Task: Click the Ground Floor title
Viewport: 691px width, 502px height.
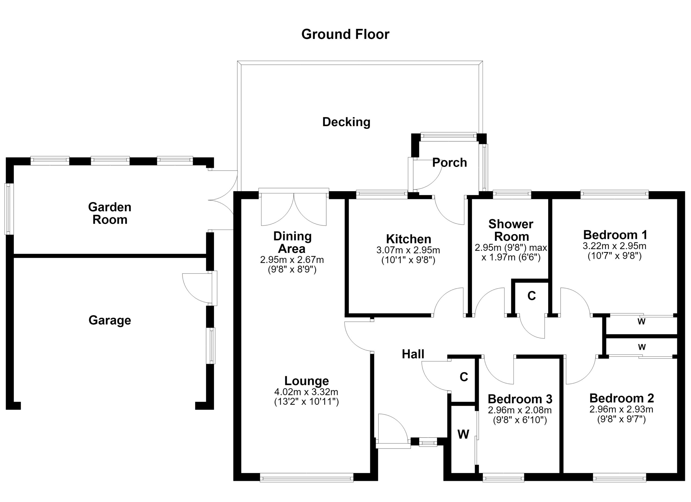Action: pyautogui.click(x=345, y=35)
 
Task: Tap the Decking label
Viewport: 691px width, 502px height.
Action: pyautogui.click(x=346, y=122)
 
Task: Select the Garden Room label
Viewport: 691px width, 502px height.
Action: pyautogui.click(x=110, y=213)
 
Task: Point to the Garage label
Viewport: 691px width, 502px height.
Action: pyautogui.click(x=110, y=320)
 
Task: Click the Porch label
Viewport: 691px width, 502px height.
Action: pyautogui.click(x=449, y=163)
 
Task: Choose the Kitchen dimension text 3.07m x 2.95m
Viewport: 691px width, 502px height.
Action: pyautogui.click(x=408, y=250)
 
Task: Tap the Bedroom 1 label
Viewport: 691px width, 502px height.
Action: pyautogui.click(x=615, y=235)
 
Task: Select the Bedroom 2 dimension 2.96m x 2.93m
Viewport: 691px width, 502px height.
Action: pyautogui.click(x=621, y=409)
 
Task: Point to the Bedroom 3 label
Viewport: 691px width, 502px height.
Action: pyautogui.click(x=520, y=399)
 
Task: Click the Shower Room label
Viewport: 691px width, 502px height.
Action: pyautogui.click(x=511, y=230)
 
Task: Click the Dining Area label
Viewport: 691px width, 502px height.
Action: pyautogui.click(x=292, y=242)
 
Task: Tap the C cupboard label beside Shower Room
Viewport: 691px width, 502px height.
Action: pyautogui.click(x=532, y=296)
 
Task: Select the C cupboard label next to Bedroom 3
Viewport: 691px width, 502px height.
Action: pyautogui.click(x=464, y=377)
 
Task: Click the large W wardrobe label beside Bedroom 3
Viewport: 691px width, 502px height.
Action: pyautogui.click(x=463, y=434)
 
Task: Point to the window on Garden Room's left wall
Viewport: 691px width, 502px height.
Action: pyautogui.click(x=9, y=209)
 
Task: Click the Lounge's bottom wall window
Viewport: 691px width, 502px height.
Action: pyautogui.click(x=307, y=478)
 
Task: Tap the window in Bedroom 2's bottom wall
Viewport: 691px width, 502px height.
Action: pyautogui.click(x=619, y=478)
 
